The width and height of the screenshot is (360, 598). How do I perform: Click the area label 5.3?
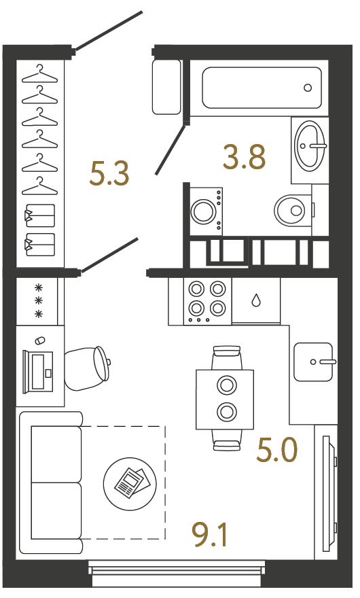coord(109,173)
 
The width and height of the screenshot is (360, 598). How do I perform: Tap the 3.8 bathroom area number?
coord(244,157)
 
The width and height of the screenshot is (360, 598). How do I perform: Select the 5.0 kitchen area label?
coord(277,450)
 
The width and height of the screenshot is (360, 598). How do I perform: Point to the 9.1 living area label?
coord(210,534)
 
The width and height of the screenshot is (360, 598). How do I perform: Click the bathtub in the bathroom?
coord(262,88)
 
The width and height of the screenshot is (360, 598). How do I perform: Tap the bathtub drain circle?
coord(308,88)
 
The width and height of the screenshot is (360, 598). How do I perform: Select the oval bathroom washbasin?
coord(310,145)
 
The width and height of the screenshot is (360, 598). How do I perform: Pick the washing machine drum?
coord(203,211)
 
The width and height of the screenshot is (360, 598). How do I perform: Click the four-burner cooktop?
coord(207,301)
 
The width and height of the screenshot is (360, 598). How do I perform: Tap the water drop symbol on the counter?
coord(256,300)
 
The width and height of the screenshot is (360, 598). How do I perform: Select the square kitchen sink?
coord(314,362)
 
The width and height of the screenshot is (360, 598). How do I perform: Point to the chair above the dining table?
coord(227,357)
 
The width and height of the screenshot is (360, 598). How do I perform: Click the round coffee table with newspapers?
coord(130,484)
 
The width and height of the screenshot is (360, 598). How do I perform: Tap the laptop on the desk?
coord(37,372)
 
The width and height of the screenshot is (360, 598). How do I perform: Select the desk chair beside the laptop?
coord(88,368)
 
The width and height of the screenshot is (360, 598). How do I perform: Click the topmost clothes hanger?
coord(39,74)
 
